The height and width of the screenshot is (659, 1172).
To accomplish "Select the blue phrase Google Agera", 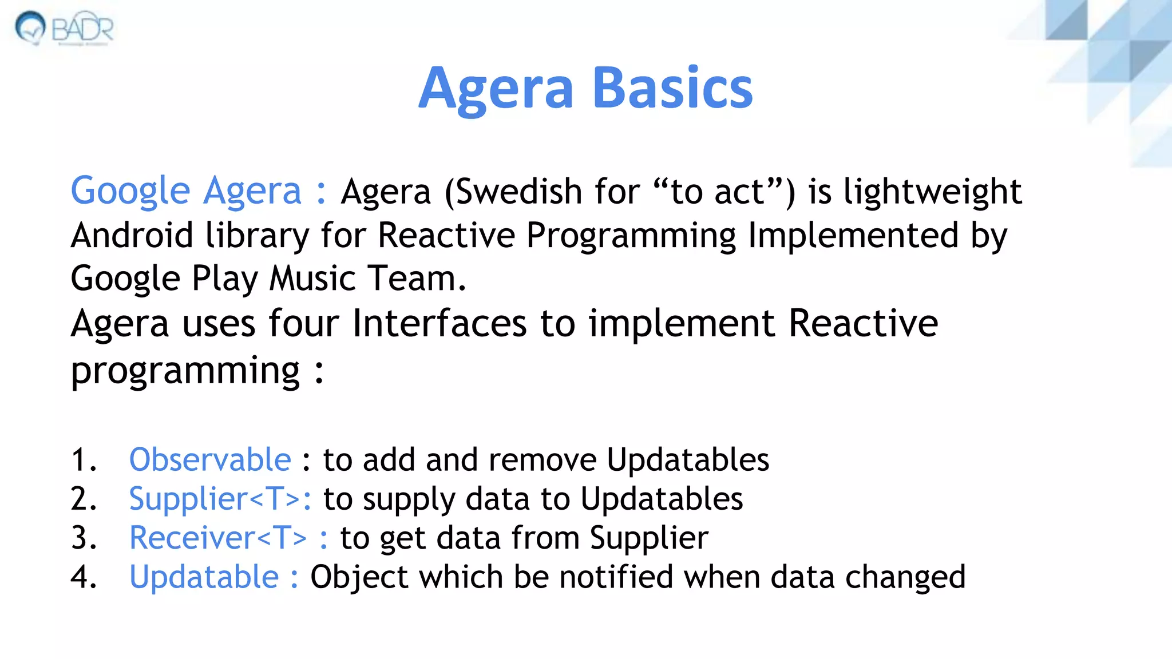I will [x=185, y=190].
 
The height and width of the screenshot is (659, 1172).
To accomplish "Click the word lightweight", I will [x=932, y=192].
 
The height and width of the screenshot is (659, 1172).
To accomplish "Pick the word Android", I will [x=132, y=235].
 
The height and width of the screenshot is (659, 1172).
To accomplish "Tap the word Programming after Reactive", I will [x=631, y=236].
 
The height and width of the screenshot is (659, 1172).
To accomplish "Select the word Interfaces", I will [x=439, y=323].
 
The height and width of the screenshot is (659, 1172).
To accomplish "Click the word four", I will [x=304, y=323].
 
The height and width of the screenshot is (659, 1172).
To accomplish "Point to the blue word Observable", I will [x=210, y=459].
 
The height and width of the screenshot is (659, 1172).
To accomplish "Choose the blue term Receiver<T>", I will [x=218, y=538].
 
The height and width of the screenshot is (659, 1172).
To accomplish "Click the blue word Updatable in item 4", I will [x=204, y=577].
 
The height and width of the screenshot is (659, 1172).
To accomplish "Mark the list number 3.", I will [x=83, y=538].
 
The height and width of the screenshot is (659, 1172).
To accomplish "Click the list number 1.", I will [x=83, y=459].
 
